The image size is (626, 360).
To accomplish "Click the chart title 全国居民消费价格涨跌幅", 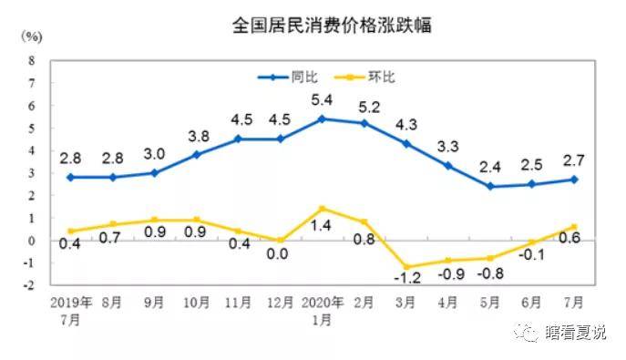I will click(332, 25).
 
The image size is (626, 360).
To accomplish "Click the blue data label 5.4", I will click(322, 99).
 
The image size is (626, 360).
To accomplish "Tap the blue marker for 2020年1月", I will click(322, 118).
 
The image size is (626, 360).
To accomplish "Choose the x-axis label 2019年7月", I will click(72, 307).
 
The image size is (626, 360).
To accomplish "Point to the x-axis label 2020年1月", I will click(322, 307).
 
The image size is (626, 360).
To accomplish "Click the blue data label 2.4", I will click(493, 167).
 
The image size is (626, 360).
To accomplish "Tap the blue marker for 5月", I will click(493, 186).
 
